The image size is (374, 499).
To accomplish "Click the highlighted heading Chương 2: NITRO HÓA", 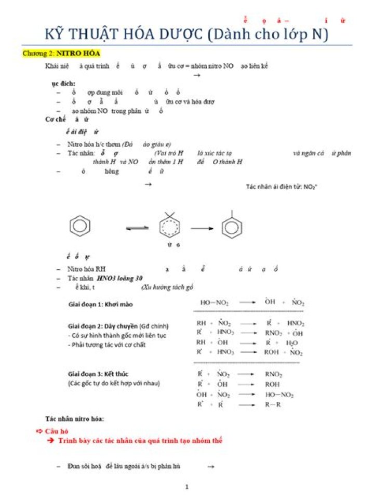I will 61,53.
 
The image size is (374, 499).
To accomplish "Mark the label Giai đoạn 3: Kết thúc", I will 98,374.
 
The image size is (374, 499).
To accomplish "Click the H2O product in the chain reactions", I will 291,343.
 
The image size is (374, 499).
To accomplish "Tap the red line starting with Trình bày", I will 140,441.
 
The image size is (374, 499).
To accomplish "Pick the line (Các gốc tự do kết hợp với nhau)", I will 114,383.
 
